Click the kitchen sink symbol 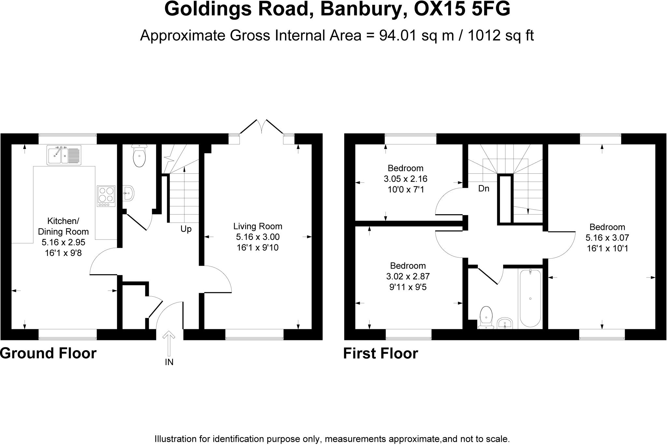pos(64,155)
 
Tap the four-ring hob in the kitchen pos(106,196)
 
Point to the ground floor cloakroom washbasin pos(129,193)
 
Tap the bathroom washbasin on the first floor pos(505,323)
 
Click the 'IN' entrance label pos(169,362)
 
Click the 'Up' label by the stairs pos(186,229)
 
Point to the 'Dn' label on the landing pos(484,188)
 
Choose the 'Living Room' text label pos(258,226)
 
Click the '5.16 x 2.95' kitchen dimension pos(63,242)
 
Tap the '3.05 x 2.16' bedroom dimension pos(405,179)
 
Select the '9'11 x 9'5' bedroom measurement pos(408,287)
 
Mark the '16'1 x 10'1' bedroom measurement pos(607,248)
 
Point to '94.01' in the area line pos(398,36)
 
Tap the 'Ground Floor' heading pos(48,353)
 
